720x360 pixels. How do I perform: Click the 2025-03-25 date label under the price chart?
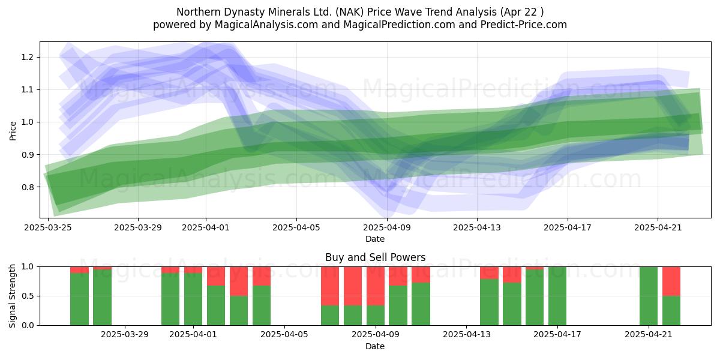point(48,227)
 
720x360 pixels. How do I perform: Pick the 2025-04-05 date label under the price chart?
point(296,227)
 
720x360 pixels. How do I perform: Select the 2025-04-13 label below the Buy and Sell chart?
point(467,335)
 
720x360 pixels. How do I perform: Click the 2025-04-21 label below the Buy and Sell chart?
point(649,335)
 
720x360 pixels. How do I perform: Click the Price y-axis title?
point(13,131)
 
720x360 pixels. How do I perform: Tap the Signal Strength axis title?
point(12,296)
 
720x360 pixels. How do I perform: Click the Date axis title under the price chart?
point(375,239)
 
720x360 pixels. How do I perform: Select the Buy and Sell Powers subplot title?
point(375,257)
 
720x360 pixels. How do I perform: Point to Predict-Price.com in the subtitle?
point(524,25)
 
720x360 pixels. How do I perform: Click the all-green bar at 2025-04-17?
point(557,296)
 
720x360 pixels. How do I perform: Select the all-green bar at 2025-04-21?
point(649,296)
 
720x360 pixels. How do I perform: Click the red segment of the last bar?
point(671,281)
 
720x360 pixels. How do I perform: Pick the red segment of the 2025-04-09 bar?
point(376,286)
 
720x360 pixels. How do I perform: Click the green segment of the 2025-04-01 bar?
point(193,299)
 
